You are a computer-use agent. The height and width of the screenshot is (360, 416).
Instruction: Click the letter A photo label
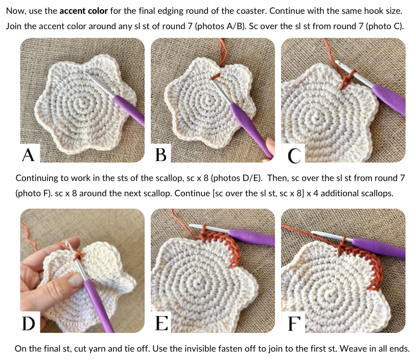[29, 155]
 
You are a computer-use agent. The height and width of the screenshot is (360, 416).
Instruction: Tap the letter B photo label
[161, 155]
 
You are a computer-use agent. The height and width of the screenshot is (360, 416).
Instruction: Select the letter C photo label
[294, 155]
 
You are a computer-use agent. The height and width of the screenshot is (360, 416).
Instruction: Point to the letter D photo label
[29, 323]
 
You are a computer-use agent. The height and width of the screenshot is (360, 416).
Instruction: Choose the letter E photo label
[161, 323]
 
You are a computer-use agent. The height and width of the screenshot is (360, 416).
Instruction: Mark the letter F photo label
[294, 323]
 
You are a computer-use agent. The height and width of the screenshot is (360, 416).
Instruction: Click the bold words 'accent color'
[84, 11]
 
